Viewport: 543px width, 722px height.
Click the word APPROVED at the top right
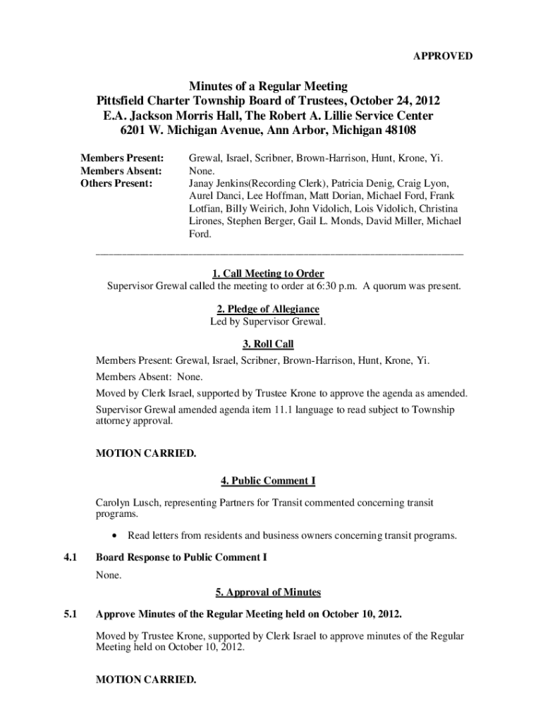tap(443, 56)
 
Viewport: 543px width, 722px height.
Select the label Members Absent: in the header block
tap(121, 171)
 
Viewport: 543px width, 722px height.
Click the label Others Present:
tap(116, 183)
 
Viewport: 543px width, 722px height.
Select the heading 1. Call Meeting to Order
tap(268, 274)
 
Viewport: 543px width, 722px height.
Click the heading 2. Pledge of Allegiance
tap(268, 310)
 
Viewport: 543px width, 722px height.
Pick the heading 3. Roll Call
tap(268, 344)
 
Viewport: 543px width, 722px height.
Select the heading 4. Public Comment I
tap(268, 481)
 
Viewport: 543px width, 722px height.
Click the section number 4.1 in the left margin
tap(70, 558)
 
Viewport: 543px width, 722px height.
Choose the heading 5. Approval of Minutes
tap(268, 592)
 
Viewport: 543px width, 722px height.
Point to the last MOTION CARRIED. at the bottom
tap(146, 680)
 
